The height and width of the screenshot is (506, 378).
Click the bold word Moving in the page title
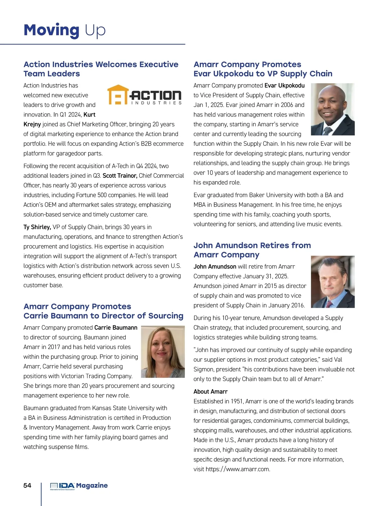51,31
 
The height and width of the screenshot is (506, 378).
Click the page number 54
27,486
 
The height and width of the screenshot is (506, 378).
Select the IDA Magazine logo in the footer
79,486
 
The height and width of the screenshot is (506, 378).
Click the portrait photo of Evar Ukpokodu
332,109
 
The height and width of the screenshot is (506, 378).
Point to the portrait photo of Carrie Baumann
163,351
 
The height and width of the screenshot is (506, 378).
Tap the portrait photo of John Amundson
332,282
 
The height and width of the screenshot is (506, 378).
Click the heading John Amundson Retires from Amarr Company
252,250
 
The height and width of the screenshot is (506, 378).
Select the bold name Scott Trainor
120,176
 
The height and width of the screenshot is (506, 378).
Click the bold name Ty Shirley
37,227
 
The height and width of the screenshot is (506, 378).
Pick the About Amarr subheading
210,392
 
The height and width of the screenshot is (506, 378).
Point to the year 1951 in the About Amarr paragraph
237,401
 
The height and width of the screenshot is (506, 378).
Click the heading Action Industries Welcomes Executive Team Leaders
101,69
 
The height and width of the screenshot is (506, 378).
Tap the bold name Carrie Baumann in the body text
116,328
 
